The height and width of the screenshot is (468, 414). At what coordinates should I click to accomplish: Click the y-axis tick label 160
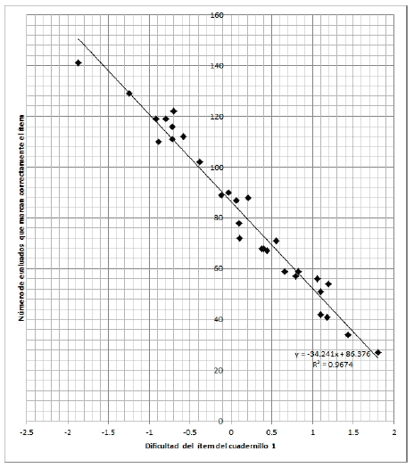[x=216, y=14]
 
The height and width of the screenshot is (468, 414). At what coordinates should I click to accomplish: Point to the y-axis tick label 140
[x=216, y=66]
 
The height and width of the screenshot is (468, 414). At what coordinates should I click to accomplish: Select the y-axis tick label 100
[x=216, y=168]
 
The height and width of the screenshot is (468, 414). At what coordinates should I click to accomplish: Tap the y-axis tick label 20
[x=216, y=371]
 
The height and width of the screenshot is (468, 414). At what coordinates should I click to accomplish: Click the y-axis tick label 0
[x=219, y=421]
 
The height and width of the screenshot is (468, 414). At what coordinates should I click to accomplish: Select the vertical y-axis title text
[x=16, y=218]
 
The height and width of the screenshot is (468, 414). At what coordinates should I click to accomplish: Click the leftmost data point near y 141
[x=79, y=62]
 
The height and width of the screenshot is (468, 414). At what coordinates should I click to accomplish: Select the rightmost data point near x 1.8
[x=377, y=353]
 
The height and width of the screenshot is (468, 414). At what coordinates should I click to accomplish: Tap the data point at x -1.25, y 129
[x=129, y=93]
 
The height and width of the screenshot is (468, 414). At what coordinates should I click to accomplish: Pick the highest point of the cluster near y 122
[x=174, y=111]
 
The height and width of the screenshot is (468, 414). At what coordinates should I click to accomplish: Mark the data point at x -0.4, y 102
[x=200, y=162]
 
